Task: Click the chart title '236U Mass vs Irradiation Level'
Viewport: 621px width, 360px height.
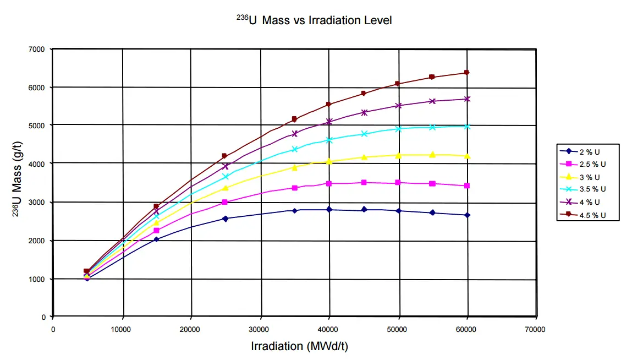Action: point(313,20)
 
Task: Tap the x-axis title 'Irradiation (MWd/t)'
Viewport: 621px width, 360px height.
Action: point(299,346)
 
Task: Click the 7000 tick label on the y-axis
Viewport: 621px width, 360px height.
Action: point(36,50)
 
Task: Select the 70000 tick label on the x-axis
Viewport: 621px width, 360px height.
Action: point(535,330)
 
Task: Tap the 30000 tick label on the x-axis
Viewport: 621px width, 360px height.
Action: point(259,330)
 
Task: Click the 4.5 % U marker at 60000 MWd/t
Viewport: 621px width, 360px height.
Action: point(466,73)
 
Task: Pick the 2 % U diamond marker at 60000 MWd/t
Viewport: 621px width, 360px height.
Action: point(467,215)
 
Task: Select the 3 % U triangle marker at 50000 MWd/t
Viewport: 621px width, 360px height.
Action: point(398,155)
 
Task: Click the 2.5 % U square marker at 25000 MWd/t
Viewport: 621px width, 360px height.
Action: point(224,202)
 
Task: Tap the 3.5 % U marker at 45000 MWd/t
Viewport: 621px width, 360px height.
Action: point(364,134)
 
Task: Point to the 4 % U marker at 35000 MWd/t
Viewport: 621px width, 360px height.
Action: point(295,133)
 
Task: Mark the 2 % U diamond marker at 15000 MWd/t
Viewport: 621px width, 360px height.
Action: point(156,239)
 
